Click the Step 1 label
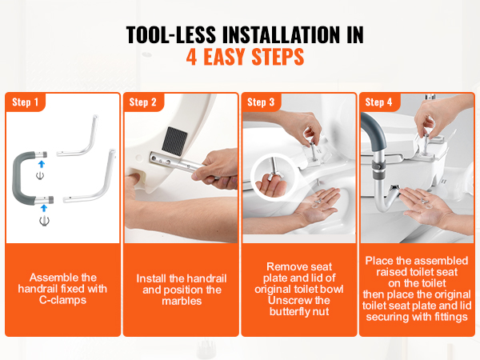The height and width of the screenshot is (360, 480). pos(25,102)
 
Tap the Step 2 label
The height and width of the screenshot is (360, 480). pos(142,102)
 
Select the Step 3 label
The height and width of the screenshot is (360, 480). pos(261,102)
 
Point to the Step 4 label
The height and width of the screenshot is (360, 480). pos(378,102)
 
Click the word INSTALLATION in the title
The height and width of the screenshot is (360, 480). pos(281,34)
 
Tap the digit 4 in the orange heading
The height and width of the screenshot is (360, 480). pos(191,57)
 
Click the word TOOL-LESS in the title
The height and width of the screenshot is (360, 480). pos(171,34)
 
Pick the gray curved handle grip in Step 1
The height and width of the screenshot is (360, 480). pos(24,178)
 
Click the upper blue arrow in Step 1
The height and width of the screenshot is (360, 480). pos(42,164)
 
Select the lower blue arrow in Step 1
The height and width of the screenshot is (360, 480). pos(44,208)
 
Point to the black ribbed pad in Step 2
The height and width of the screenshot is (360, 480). pos(174,139)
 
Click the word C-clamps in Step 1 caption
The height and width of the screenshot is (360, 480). pos(62,300)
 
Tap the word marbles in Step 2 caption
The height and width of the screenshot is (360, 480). pos(182,301)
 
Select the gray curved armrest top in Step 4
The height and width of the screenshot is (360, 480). pos(373,128)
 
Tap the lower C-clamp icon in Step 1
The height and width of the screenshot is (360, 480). pos(44,221)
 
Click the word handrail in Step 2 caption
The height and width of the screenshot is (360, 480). pos(206,278)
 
